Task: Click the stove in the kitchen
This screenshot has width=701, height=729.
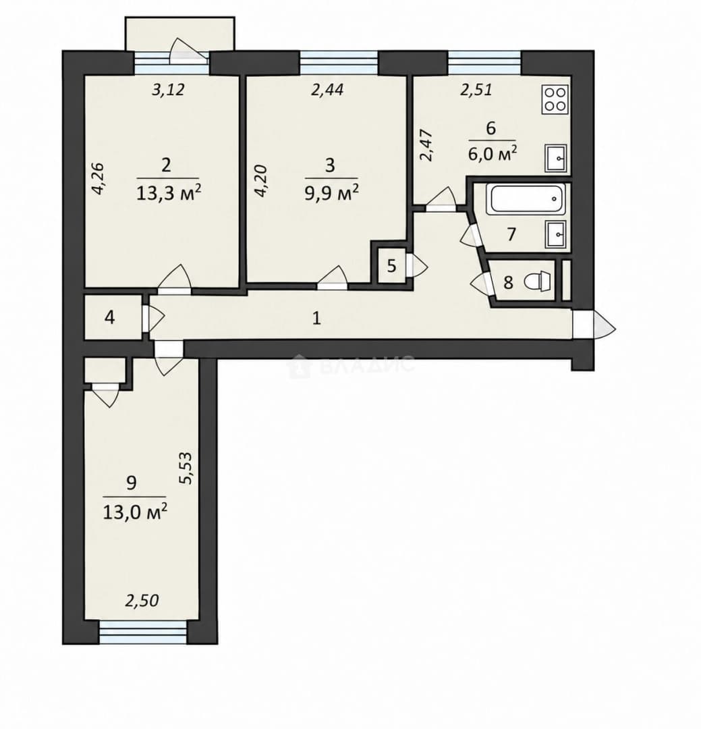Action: click(555, 99)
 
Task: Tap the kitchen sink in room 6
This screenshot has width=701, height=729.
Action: click(555, 158)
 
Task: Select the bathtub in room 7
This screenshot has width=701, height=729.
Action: click(526, 199)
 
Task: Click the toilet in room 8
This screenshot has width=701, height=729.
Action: click(537, 281)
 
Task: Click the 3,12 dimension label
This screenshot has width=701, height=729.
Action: click(168, 89)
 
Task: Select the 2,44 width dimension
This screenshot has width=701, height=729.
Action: click(327, 89)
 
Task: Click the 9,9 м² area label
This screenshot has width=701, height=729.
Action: click(331, 192)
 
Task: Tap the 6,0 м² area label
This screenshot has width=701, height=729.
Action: click(493, 153)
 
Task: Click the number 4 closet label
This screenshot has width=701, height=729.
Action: click(110, 318)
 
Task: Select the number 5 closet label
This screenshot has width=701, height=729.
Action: click(392, 267)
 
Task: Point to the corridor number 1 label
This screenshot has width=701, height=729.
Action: click(316, 319)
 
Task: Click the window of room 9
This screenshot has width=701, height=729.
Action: click(143, 633)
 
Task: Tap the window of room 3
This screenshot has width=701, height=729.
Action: click(339, 63)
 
